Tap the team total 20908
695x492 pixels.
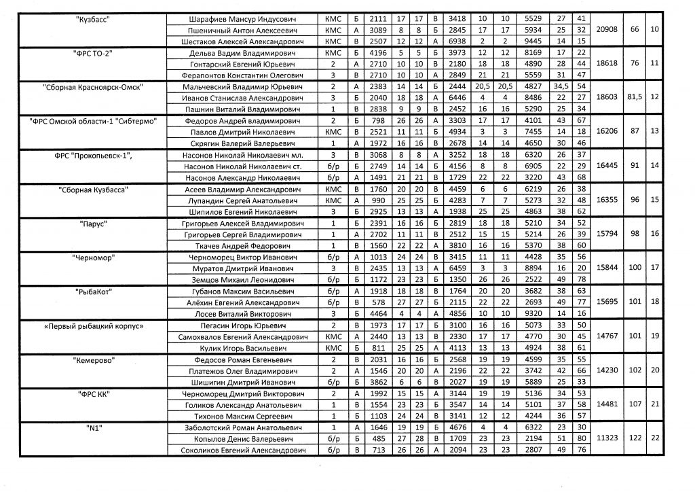[605, 30]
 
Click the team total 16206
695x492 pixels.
[605, 133]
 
